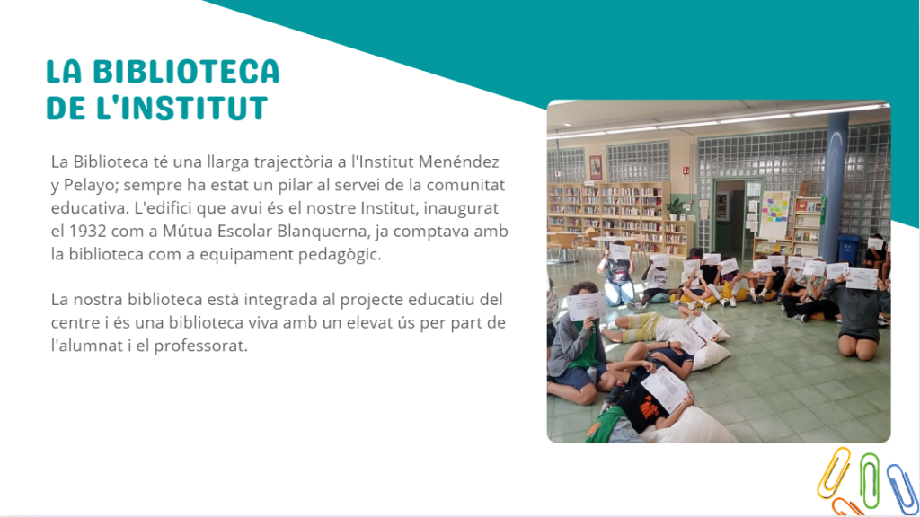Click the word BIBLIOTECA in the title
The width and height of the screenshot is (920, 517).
(186, 72)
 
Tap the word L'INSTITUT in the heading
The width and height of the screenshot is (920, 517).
(181, 108)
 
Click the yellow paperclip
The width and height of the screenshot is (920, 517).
(834, 472)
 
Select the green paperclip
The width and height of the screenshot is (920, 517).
(870, 480)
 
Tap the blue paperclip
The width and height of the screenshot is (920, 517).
(903, 489)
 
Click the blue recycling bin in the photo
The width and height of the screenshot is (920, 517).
(848, 250)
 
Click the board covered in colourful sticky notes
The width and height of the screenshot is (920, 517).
(774, 215)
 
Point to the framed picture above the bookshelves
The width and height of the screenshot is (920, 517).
(596, 168)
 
